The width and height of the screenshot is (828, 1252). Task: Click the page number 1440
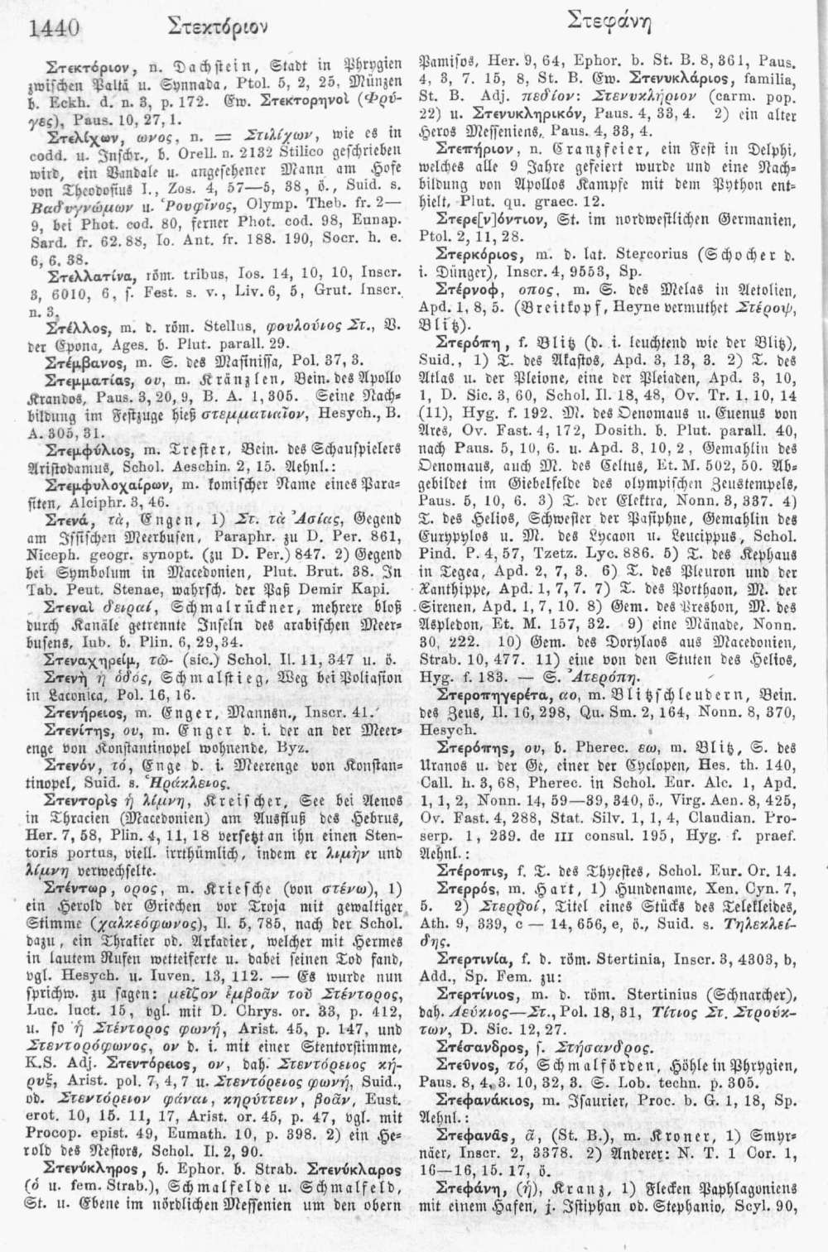[54, 29]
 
